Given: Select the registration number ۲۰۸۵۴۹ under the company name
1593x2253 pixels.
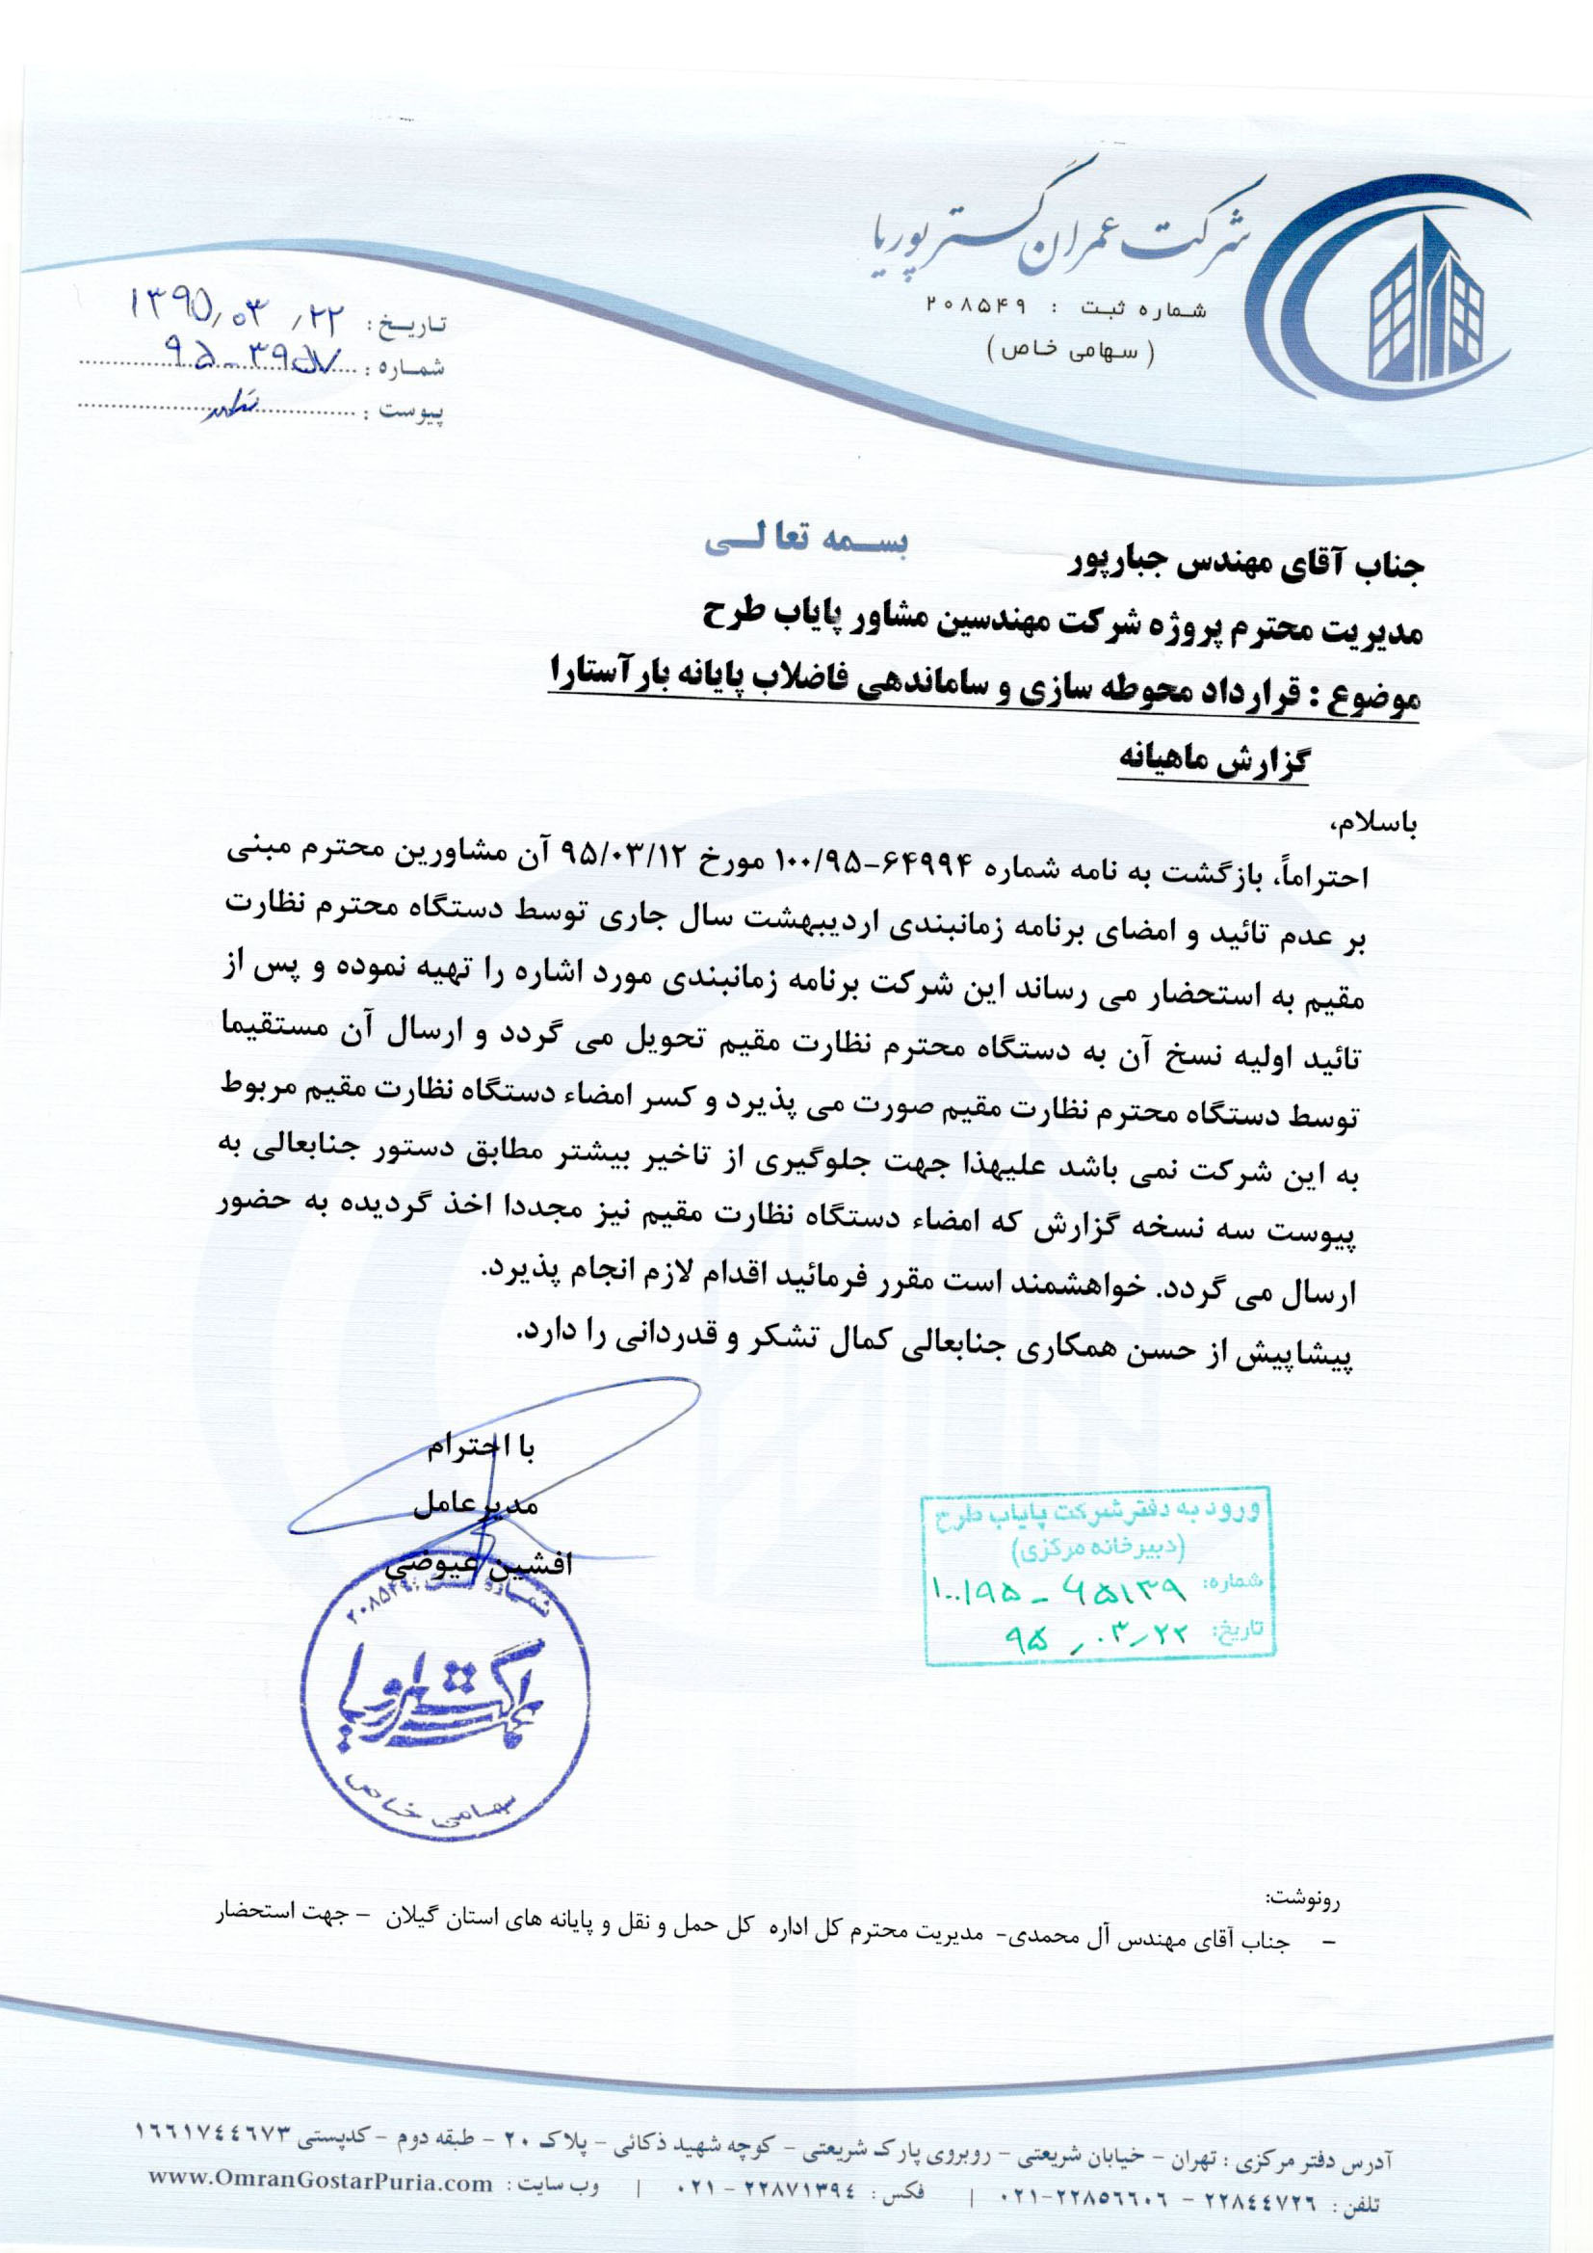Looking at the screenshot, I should point(975,308).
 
